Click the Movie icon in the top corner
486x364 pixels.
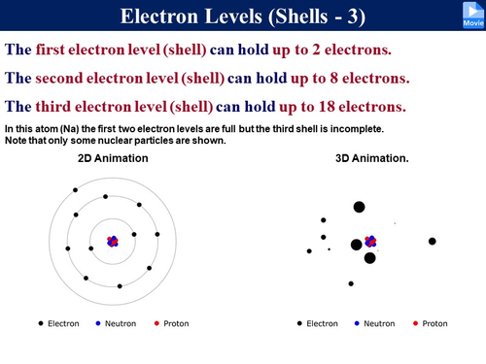point(469,16)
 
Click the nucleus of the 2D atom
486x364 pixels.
point(112,240)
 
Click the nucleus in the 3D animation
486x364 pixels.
point(370,242)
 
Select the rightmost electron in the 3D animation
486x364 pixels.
point(433,241)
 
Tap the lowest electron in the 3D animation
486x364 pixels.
point(350,283)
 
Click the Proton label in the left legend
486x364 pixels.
point(176,323)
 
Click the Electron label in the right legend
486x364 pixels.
point(322,323)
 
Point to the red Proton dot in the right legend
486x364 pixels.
point(415,323)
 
